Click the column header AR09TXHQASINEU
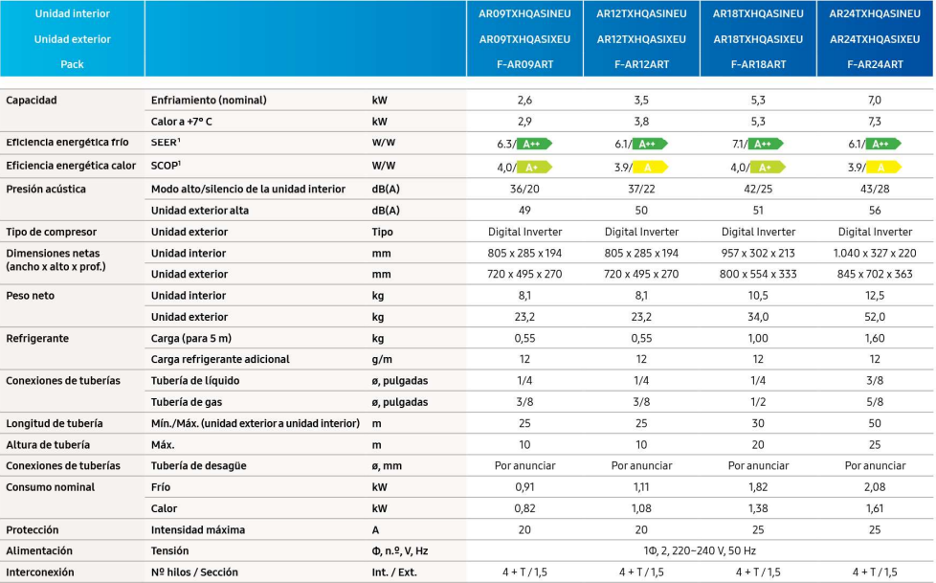(x=524, y=14)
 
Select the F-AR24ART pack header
(x=875, y=64)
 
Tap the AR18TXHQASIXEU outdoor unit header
(x=758, y=39)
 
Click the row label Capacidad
(x=32, y=101)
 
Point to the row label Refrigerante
(x=37, y=338)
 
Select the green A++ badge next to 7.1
(x=767, y=144)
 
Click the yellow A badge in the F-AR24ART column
(x=883, y=167)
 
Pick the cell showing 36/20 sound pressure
(x=524, y=189)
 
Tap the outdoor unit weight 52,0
(x=875, y=317)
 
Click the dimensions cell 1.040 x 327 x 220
(x=875, y=253)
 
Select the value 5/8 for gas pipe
(x=875, y=402)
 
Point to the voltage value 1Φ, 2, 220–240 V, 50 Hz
(x=700, y=550)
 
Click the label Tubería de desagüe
(x=198, y=465)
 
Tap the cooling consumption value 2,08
(x=875, y=487)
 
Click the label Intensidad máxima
(x=198, y=529)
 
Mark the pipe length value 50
(x=875, y=423)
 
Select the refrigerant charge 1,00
(x=758, y=338)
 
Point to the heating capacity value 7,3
(x=875, y=122)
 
